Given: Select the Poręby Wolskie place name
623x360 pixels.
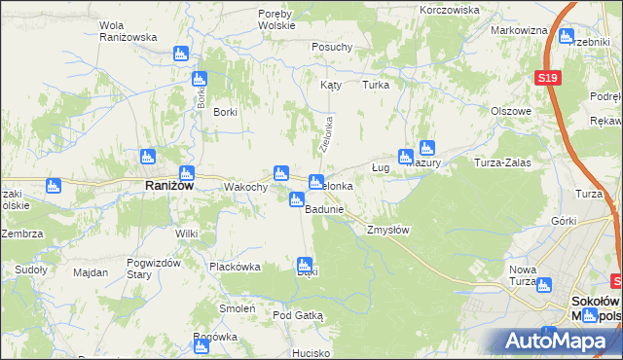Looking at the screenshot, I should [x=282, y=19].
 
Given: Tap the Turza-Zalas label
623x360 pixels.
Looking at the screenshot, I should [x=501, y=162].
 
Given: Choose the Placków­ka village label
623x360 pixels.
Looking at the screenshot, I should [x=234, y=266].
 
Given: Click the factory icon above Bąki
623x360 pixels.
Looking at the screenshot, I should [x=305, y=264].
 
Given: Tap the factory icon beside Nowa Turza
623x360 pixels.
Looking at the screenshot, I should [x=543, y=285].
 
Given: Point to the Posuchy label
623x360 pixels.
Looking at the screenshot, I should [x=331, y=47].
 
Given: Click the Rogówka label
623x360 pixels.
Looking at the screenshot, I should [x=215, y=337].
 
